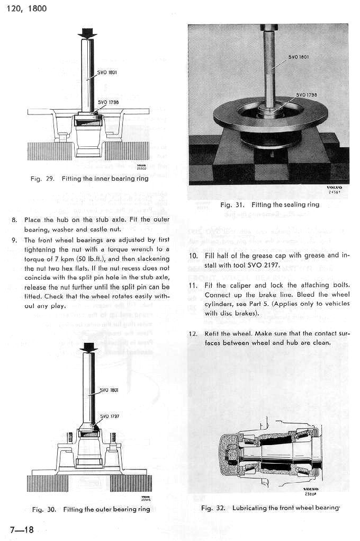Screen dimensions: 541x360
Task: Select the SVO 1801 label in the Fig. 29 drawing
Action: [x=107, y=72]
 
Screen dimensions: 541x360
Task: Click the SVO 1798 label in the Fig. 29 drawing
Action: [x=107, y=102]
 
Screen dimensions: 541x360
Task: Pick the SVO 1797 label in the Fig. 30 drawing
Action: [x=109, y=416]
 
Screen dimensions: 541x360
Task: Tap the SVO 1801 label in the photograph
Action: [x=299, y=57]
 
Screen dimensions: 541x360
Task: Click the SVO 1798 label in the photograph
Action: [x=307, y=95]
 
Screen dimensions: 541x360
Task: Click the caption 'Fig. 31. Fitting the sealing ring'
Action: [x=270, y=205]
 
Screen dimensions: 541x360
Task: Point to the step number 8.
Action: [x=14, y=220]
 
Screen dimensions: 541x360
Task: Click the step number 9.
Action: [x=14, y=240]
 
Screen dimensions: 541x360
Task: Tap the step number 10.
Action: [x=193, y=255]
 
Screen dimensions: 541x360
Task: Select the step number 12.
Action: [x=193, y=334]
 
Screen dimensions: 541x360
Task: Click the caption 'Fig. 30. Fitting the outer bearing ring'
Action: [x=91, y=509]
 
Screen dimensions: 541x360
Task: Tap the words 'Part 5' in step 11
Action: [x=283, y=304]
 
